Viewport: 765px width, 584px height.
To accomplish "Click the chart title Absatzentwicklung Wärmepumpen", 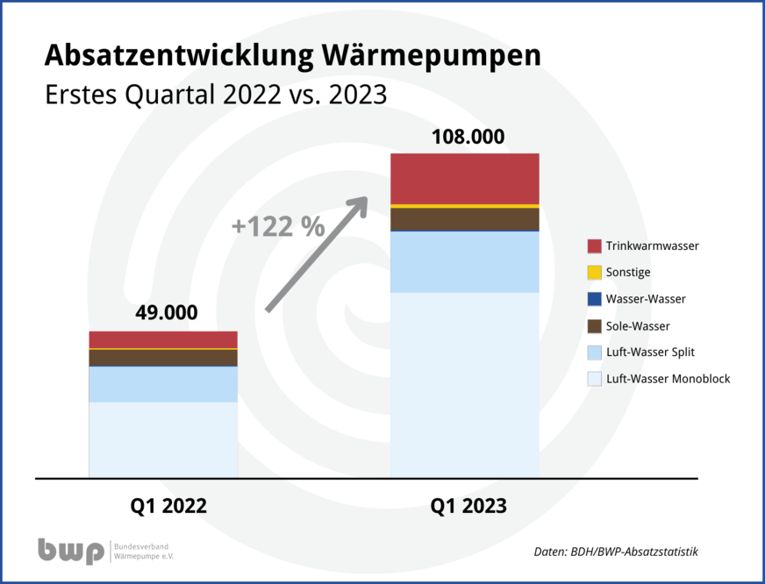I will [x=292, y=55].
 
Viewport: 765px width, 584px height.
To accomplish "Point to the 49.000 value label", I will [x=166, y=313].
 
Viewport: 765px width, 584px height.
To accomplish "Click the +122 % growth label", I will [x=277, y=226].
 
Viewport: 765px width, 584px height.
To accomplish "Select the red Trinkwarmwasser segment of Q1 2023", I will [x=464, y=178].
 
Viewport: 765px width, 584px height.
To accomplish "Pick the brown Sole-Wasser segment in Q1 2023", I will [x=464, y=218].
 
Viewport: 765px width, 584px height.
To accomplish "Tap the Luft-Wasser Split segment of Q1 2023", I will [x=464, y=261].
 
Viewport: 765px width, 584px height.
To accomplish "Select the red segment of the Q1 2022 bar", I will [x=163, y=339].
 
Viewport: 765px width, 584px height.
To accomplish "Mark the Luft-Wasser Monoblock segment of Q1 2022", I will [x=163, y=439].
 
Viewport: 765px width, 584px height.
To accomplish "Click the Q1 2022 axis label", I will [x=168, y=506].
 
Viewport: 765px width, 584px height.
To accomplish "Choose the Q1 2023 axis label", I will [x=468, y=506].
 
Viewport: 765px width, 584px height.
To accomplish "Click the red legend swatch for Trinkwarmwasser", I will [x=594, y=246].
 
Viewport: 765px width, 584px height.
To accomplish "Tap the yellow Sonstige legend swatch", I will [x=594, y=273].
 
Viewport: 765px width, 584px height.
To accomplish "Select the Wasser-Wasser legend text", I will [x=646, y=299].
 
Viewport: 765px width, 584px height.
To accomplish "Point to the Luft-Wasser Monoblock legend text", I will [x=668, y=379].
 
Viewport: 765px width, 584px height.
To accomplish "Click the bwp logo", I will [x=70, y=551].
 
